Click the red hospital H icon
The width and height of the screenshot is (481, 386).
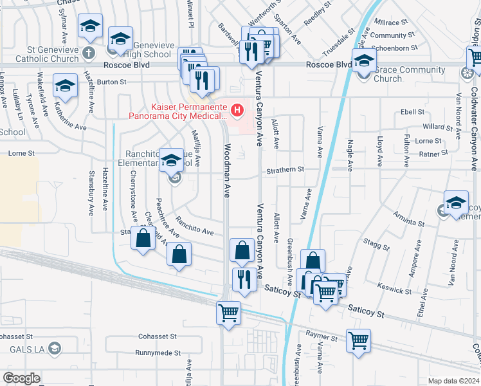238,111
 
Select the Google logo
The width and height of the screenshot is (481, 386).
22,378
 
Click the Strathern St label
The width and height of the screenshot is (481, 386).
286,169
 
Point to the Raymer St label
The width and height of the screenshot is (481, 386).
322,337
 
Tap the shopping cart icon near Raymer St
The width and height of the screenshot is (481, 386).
358,341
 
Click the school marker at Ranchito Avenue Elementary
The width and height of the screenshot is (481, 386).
172,161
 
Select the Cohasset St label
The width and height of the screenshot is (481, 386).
158,336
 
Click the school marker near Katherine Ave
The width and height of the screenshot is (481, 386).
65,86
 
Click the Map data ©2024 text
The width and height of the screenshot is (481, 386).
453,381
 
